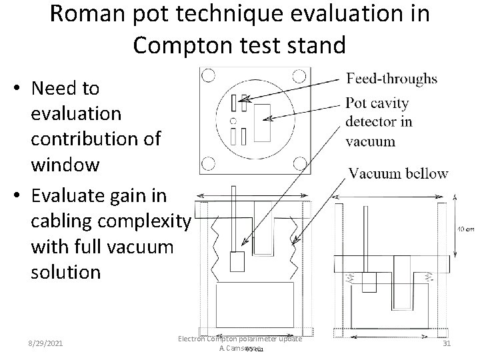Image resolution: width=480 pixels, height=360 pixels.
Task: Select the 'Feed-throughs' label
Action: tap(392, 79)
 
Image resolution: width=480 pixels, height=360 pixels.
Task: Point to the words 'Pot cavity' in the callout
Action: tap(377, 104)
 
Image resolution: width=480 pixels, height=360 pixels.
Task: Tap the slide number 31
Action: tap(448, 343)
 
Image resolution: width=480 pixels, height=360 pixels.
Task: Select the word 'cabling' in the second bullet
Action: tap(63, 220)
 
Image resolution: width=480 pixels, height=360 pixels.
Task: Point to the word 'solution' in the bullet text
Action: tap(66, 271)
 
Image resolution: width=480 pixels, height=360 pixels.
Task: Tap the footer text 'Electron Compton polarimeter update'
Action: tap(241, 339)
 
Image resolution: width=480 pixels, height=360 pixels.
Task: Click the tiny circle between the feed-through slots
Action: tap(233, 121)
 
